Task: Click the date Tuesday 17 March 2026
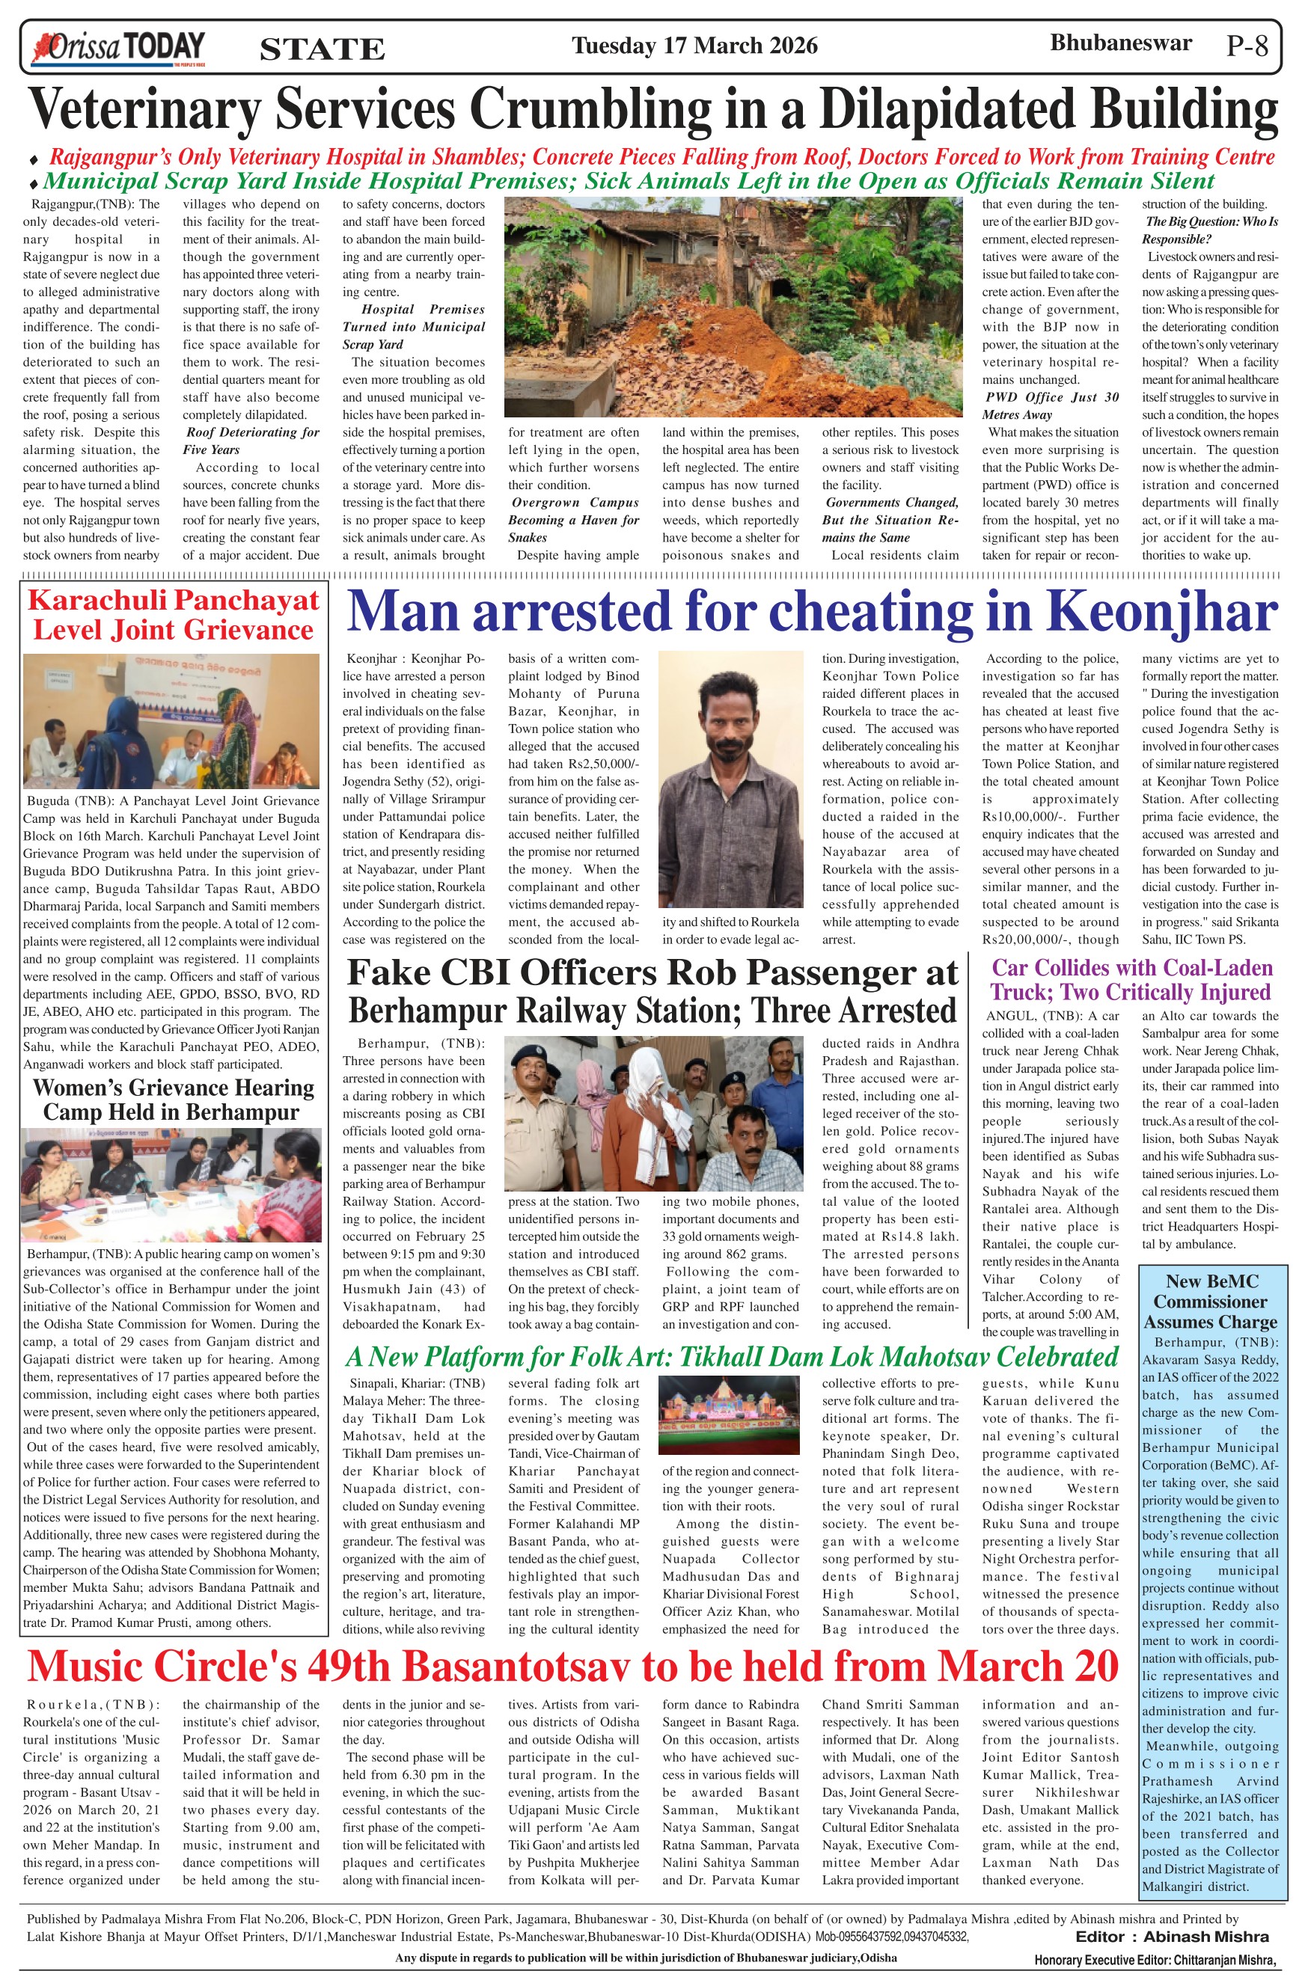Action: (x=694, y=45)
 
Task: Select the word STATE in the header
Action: (x=323, y=49)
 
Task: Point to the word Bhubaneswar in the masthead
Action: (x=1120, y=43)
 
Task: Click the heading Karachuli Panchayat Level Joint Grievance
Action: (x=173, y=614)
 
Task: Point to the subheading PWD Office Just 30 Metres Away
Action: (x=1051, y=405)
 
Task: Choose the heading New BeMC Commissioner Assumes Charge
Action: (x=1212, y=1301)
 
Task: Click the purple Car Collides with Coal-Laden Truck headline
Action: (x=1131, y=980)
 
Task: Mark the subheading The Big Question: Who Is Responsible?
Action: (x=1210, y=230)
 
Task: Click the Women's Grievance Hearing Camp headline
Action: (x=173, y=1100)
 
